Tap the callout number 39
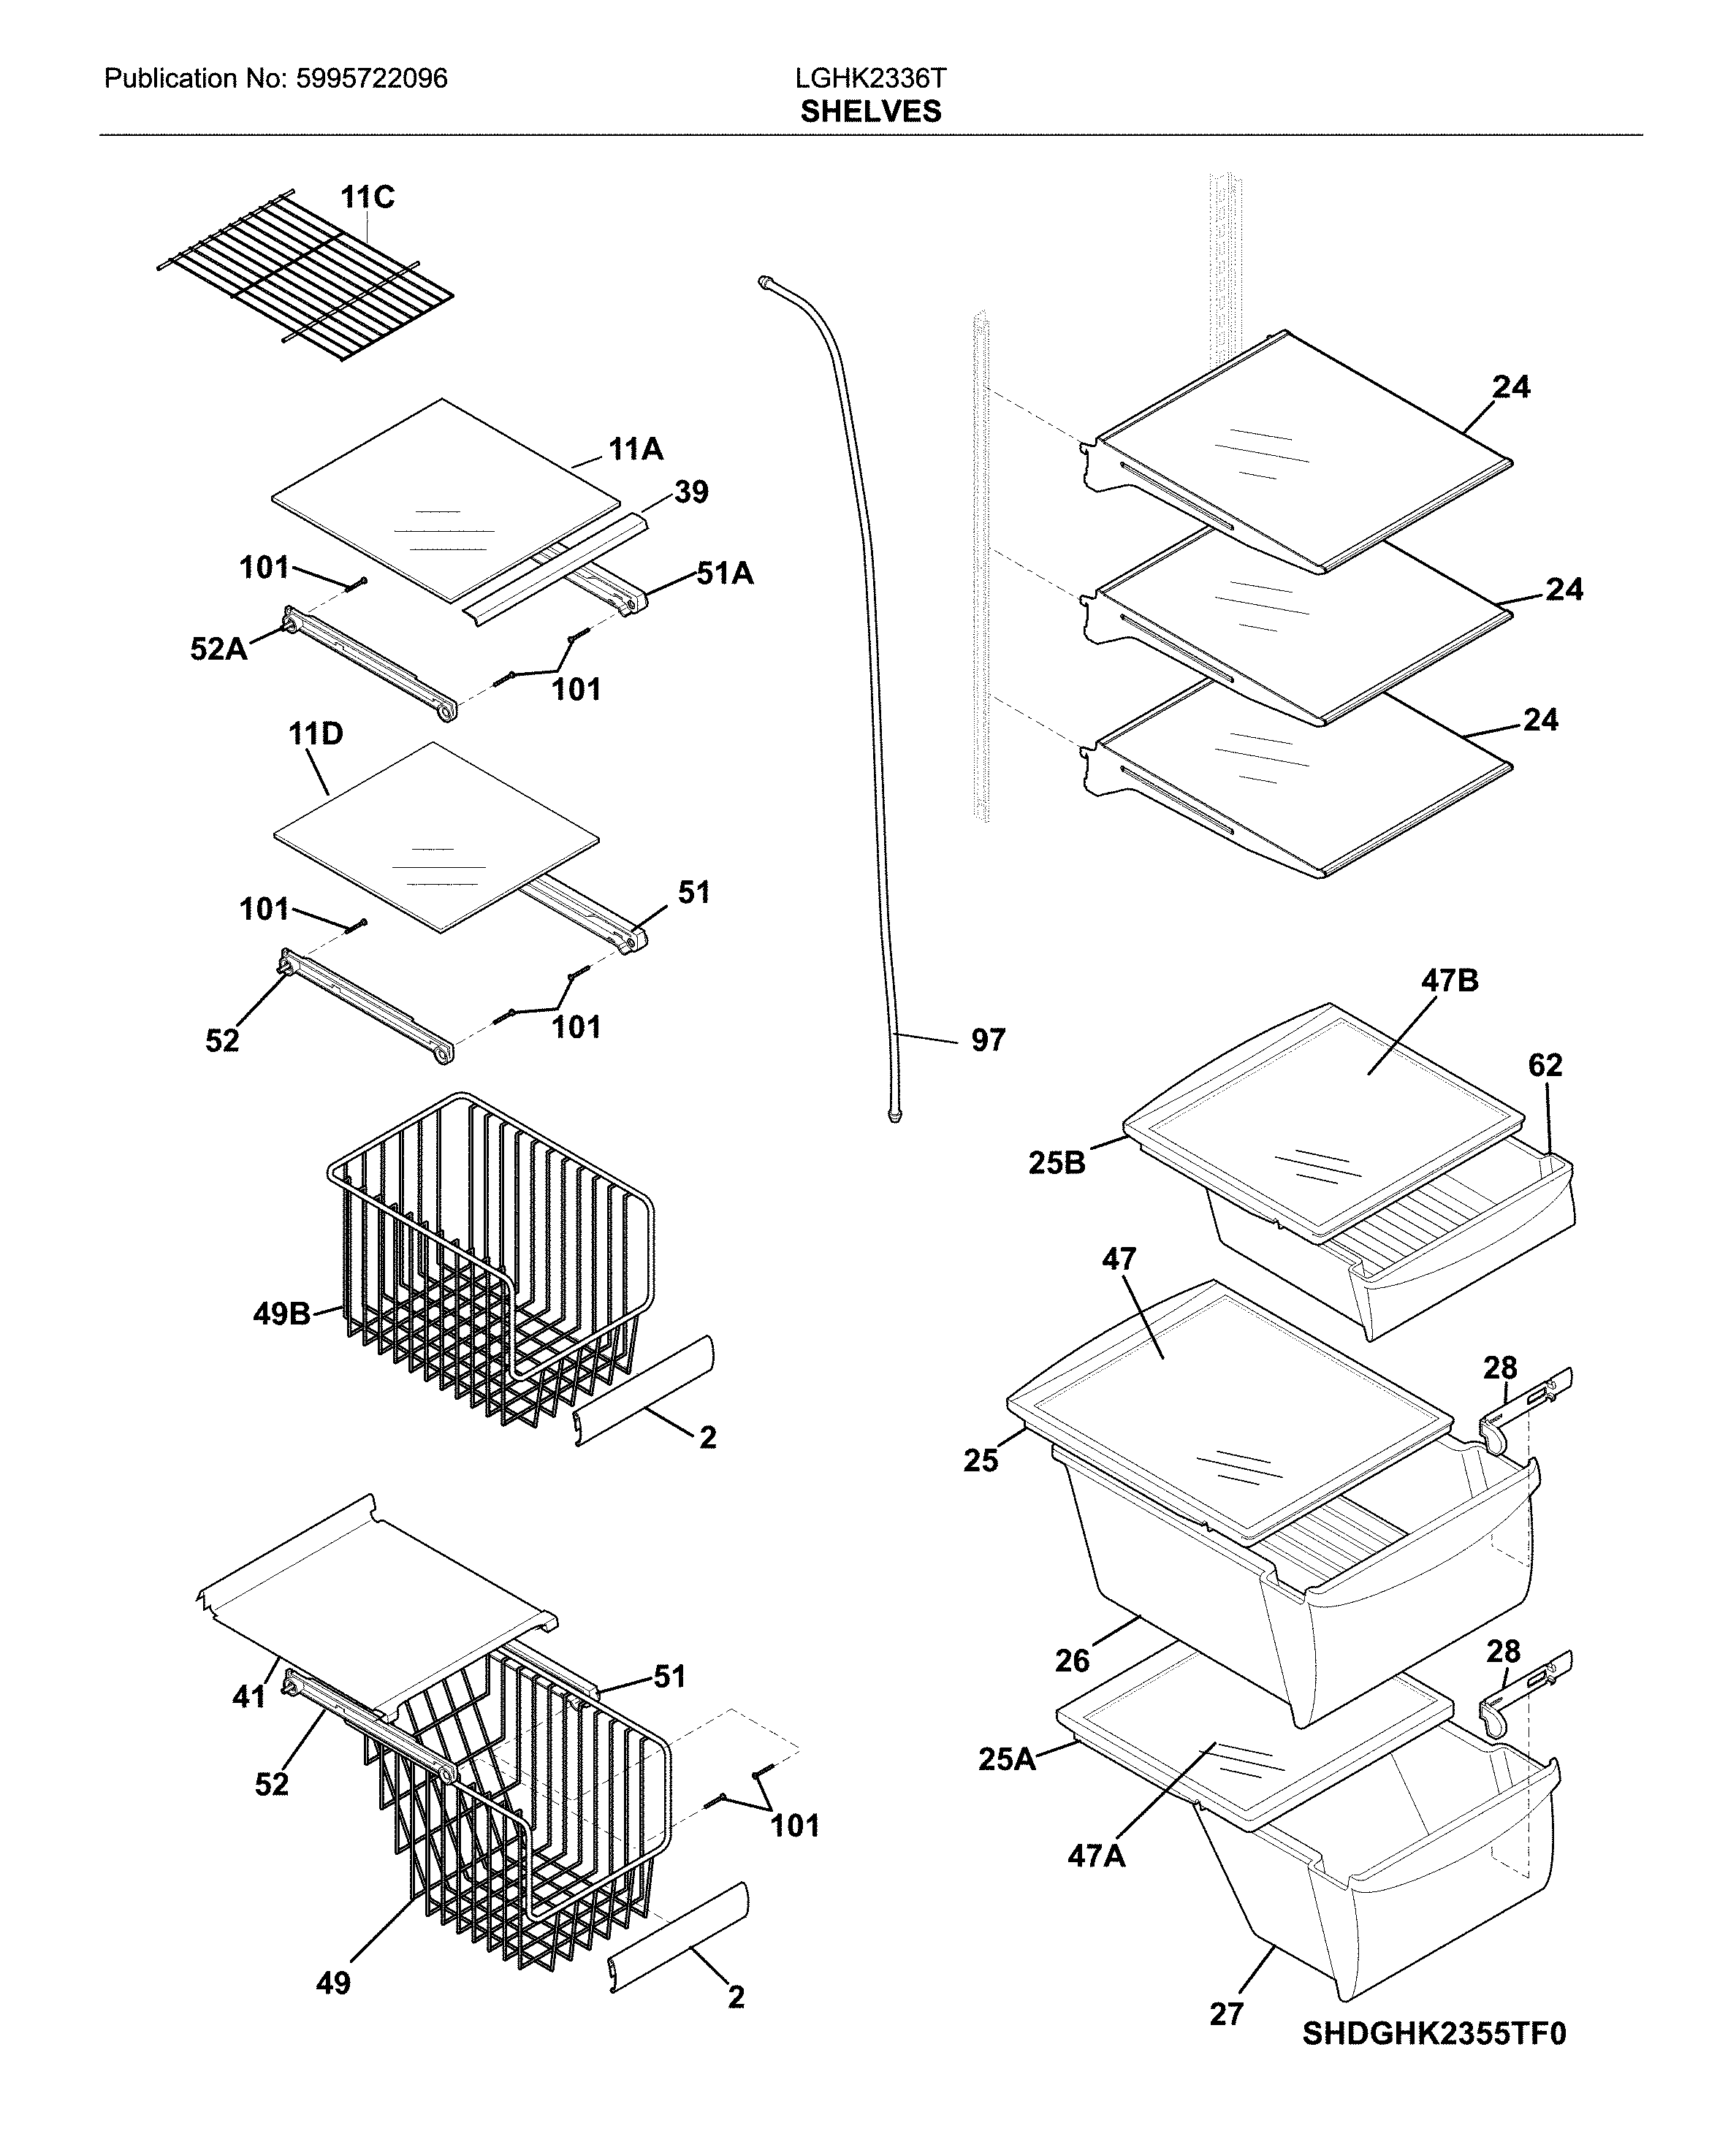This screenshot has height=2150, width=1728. [691, 492]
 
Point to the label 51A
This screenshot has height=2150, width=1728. [724, 573]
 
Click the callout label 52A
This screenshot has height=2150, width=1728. [218, 649]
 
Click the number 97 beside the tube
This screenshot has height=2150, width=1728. [987, 1040]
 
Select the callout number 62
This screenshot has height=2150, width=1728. [1545, 1065]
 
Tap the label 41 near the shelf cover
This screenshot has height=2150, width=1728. [248, 1696]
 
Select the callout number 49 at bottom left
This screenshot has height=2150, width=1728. [333, 1983]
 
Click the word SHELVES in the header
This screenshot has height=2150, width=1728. [869, 112]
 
